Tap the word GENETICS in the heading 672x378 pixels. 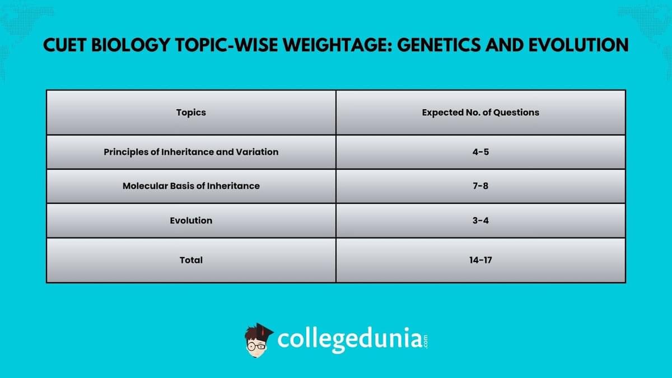[438, 45]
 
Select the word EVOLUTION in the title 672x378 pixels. [578, 45]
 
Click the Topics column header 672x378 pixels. [191, 112]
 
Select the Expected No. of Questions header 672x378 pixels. [480, 112]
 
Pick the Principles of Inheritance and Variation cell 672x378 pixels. [191, 152]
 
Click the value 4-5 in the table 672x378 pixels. [480, 152]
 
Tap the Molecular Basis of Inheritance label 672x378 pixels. [191, 186]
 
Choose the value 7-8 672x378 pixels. [480, 186]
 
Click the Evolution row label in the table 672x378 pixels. [191, 221]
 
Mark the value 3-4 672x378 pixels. [480, 221]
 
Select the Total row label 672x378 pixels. [191, 260]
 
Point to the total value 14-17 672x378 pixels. [480, 260]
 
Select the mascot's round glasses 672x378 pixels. [256, 347]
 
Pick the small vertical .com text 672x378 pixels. [426, 342]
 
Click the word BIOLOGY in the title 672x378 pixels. [130, 45]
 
